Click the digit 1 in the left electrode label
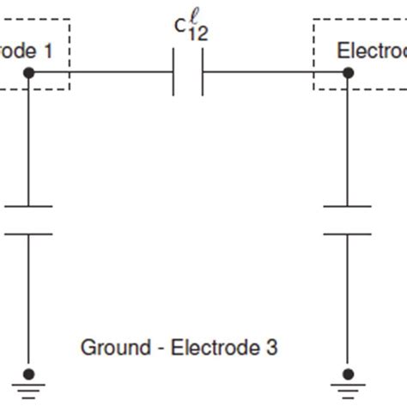click(48, 51)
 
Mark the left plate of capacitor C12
click(174, 74)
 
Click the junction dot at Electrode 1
click(28, 74)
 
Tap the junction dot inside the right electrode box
click(348, 74)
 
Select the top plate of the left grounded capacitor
click(28, 206)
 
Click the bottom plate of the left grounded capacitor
click(28, 233)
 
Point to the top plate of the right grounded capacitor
click(348, 206)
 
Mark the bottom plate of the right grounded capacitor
click(348, 233)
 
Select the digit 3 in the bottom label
click(271, 348)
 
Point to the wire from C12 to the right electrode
click(275, 74)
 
